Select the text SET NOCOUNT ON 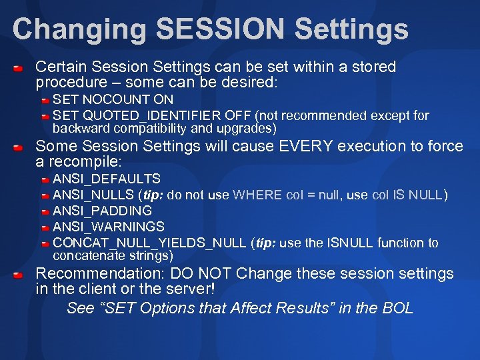113,99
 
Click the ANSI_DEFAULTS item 107,179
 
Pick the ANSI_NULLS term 93,195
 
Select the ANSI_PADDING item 102,211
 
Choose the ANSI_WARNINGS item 108,227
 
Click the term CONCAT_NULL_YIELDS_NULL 149,243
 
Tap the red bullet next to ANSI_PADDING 44,211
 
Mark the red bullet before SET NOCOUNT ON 44,100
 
